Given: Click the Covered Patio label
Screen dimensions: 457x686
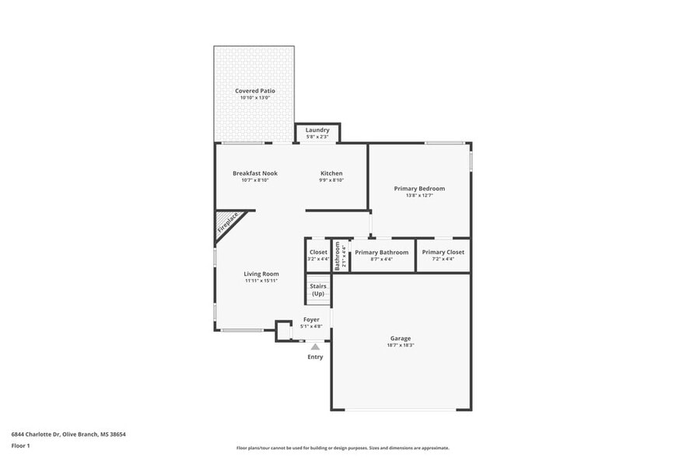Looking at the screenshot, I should [255, 91].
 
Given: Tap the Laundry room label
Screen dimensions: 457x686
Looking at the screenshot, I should [317, 130].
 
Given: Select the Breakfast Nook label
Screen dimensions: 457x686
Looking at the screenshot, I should [255, 173].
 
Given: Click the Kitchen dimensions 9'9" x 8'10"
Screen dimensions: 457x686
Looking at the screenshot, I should [331, 180].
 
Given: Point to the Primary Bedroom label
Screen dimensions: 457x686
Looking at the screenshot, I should [419, 189].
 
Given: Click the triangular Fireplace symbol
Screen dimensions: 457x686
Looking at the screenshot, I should [227, 223].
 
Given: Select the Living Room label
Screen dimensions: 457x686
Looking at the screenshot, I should [261, 274].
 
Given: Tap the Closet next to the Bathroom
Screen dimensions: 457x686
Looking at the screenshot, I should [319, 253].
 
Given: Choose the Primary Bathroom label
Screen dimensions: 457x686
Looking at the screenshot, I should [382, 253].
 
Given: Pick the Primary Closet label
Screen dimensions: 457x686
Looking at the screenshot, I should [443, 253].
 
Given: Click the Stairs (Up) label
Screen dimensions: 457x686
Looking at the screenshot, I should [318, 290].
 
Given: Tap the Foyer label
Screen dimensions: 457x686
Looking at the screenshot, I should [311, 319].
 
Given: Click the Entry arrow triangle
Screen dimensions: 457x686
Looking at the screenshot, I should [315, 347].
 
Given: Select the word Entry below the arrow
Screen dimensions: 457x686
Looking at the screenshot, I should [315, 357].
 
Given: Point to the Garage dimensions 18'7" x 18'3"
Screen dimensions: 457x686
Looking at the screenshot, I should [401, 345].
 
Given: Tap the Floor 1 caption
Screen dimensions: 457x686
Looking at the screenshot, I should [21, 445].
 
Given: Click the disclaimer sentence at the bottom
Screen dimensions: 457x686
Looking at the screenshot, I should [342, 448].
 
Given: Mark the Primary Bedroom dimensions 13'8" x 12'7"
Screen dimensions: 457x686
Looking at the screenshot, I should [419, 196].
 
